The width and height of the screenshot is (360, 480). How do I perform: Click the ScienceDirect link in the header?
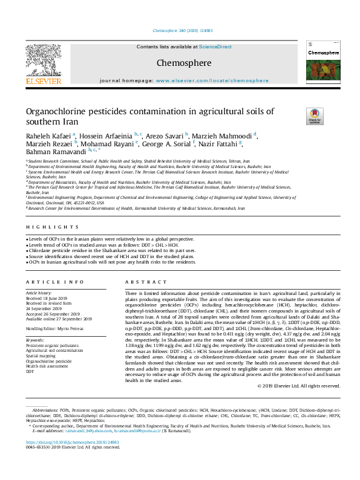(215, 47)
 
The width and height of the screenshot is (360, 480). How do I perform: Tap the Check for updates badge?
(315, 116)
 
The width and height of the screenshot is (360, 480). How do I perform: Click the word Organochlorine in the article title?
(54, 111)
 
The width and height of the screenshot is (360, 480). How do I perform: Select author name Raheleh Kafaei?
(48, 135)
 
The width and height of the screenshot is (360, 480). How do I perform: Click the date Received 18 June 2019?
(47, 298)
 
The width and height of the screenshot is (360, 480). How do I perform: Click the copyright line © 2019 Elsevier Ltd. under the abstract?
(299, 386)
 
